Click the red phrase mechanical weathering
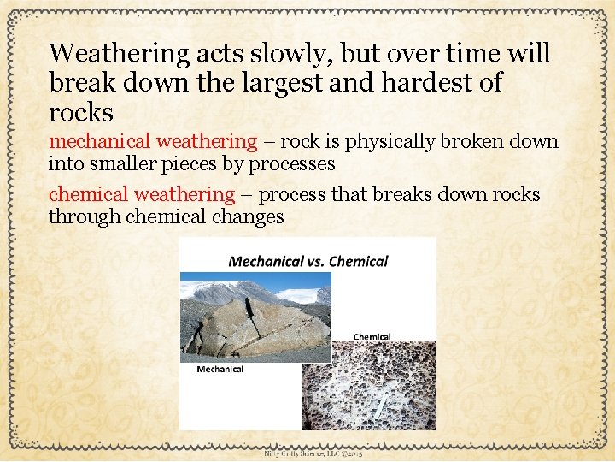point(152,141)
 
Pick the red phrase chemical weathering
point(141,195)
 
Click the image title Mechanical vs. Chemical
point(307,261)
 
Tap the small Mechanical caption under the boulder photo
point(220,369)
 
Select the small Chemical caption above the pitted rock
point(372,336)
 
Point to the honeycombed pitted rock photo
point(383,385)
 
